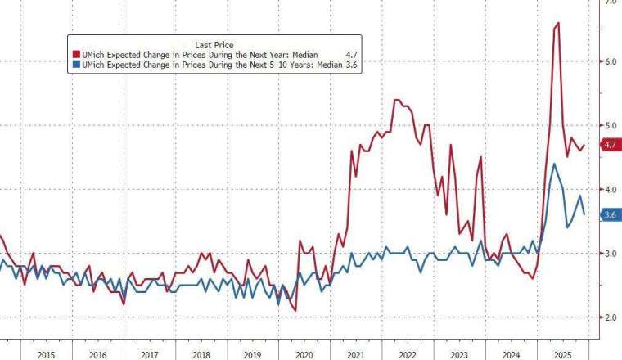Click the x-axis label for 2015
46,355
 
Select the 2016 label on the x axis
97,355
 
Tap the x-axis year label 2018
201,355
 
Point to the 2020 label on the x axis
304,355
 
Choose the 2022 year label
408,355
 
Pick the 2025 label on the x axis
563,355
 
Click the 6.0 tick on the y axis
610,61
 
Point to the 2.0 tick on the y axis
610,317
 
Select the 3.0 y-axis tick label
610,254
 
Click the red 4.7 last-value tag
610,145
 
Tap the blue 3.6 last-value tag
610,215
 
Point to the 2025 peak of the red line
557,23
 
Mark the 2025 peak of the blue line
554,164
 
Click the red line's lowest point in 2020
294,310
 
